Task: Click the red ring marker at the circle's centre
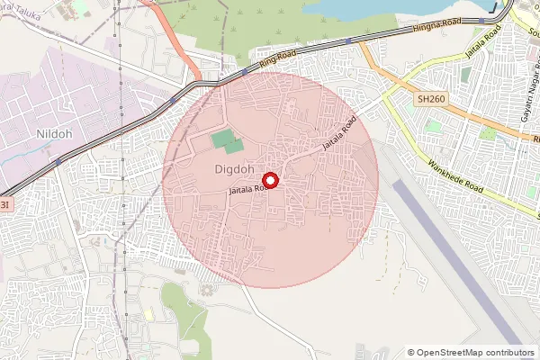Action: pos(271,180)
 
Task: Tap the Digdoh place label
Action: pos(234,168)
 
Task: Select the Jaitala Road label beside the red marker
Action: pos(246,189)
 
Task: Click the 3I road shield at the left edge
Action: pos(4,205)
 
